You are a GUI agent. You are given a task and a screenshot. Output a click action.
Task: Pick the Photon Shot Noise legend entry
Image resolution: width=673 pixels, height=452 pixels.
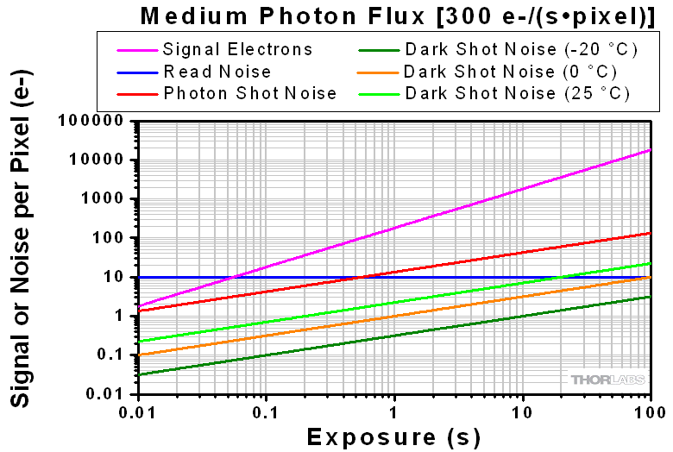click(x=250, y=93)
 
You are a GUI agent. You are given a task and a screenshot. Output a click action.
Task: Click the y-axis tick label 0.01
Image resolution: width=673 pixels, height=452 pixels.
click(x=109, y=394)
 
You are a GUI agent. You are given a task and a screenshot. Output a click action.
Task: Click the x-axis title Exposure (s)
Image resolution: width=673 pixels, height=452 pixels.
click(x=394, y=436)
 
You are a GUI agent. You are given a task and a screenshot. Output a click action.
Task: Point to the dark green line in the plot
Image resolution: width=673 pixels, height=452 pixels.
click(x=394, y=336)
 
